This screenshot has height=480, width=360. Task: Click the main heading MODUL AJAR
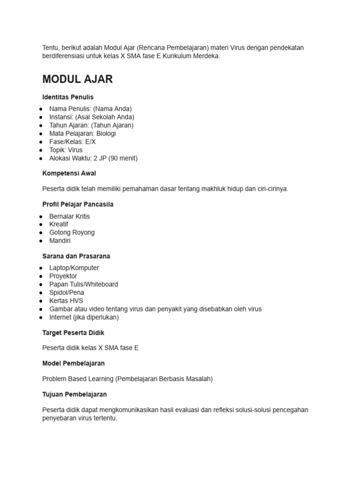pyautogui.click(x=77, y=79)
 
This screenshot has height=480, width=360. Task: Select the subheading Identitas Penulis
pyautogui.click(x=68, y=97)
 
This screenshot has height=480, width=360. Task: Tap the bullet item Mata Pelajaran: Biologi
pyautogui.click(x=82, y=134)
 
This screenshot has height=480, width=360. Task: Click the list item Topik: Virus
pyautogui.click(x=66, y=150)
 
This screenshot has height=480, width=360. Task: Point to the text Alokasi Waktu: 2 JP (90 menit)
pyautogui.click(x=93, y=158)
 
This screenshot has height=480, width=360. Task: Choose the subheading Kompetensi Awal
pyautogui.click(x=69, y=173)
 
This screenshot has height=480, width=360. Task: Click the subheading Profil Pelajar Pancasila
pyautogui.click(x=78, y=204)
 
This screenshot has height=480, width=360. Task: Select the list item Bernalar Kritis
pyautogui.click(x=69, y=216)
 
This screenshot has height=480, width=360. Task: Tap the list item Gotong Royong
pyautogui.click(x=72, y=232)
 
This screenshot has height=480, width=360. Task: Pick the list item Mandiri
pyautogui.click(x=60, y=241)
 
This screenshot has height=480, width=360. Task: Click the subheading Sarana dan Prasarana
pyautogui.click(x=76, y=256)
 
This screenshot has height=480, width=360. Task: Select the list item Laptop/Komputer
pyautogui.click(x=74, y=268)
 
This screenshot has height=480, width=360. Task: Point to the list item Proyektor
pyautogui.click(x=63, y=276)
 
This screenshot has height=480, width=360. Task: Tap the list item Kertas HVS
pyautogui.click(x=66, y=301)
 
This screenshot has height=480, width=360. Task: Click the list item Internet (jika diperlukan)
pyautogui.click(x=84, y=317)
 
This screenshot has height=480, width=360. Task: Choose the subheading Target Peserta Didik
pyautogui.click(x=73, y=333)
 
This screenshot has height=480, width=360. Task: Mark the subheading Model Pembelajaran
pyautogui.click(x=73, y=363)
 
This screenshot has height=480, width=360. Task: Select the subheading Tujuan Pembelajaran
pyautogui.click(x=75, y=394)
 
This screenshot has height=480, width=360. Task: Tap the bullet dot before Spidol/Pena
pyautogui.click(x=41, y=293)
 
